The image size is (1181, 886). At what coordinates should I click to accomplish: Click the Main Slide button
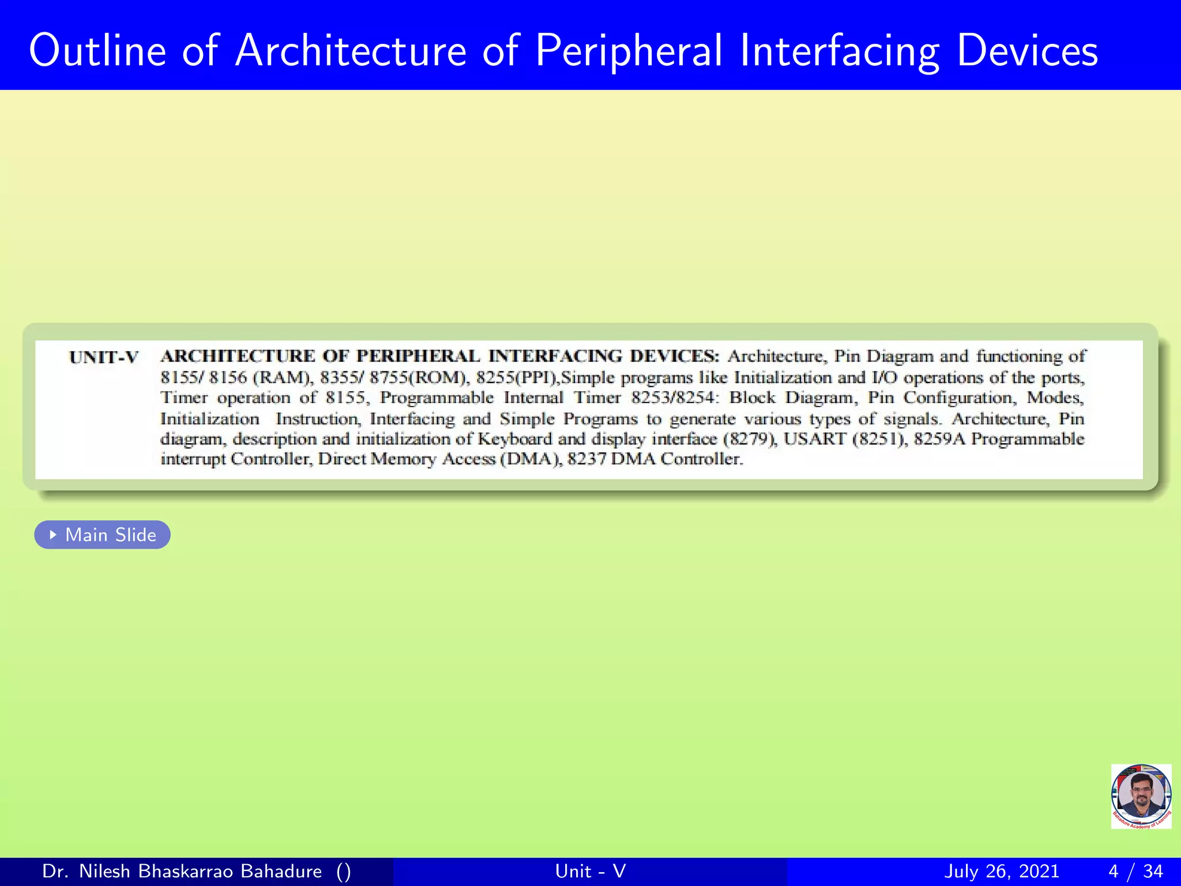[x=103, y=535]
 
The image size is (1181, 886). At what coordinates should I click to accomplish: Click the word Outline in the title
[x=97, y=51]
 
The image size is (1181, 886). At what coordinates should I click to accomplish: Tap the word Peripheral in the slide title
[x=629, y=51]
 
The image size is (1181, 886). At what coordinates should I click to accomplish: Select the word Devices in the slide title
[x=1027, y=51]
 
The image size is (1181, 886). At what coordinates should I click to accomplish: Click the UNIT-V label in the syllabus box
[x=104, y=358]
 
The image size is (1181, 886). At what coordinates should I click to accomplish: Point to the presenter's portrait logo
[x=1141, y=796]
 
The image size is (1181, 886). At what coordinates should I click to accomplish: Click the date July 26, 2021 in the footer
[x=1002, y=871]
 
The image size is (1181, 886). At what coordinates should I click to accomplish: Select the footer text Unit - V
[x=590, y=871]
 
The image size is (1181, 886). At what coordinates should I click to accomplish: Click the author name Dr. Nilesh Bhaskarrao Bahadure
[x=182, y=871]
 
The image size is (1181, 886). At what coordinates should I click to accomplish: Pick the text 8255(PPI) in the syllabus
[x=517, y=378]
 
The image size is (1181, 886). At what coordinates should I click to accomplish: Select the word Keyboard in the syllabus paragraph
[x=515, y=439]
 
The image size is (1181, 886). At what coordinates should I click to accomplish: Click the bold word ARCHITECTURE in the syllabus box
[x=238, y=356]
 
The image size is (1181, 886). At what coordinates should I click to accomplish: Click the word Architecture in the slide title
[x=351, y=51]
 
